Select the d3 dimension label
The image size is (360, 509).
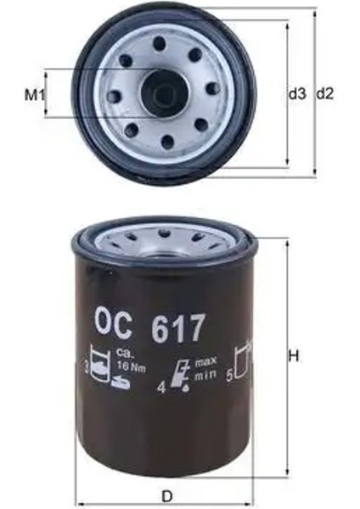tap(296, 94)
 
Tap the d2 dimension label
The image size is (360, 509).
tap(326, 94)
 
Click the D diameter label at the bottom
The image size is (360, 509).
tap(168, 495)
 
